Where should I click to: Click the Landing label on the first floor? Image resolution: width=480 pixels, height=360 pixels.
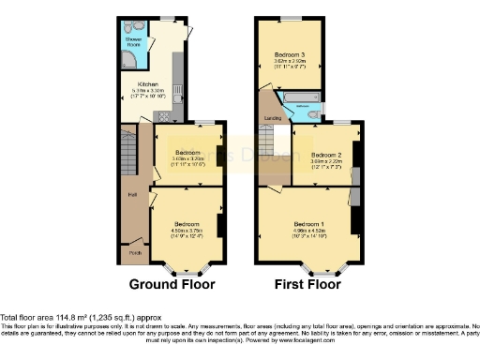(274, 118)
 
